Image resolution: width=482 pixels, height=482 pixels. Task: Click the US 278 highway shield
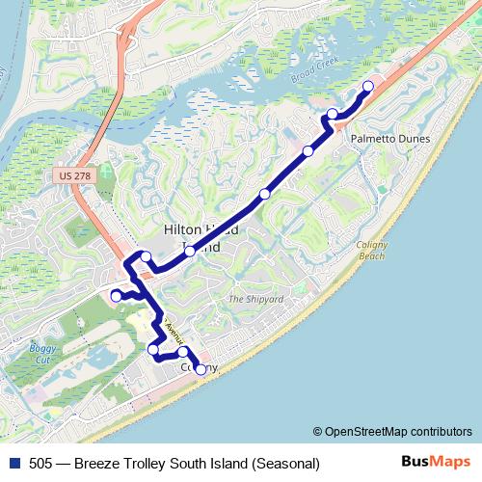pos(67,175)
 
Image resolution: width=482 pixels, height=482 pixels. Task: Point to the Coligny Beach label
pos(371,250)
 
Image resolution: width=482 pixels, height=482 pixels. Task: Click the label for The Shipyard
pos(255,300)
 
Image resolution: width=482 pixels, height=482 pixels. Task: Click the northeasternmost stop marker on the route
pos(367,87)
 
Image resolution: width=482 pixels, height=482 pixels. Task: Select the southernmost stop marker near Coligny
pos(201,369)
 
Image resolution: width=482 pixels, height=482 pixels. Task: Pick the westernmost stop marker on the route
pos(116,296)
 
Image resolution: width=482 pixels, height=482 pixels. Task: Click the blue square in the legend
pos(14,464)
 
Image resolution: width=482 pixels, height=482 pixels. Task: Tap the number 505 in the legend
pos(41,464)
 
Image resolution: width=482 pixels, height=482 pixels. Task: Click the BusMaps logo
pos(436,462)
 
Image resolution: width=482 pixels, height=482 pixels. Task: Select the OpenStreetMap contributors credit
pos(397,432)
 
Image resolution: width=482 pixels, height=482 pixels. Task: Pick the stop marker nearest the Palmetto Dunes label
pos(333,115)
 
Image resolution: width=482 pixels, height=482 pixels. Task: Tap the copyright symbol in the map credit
pos(317,432)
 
